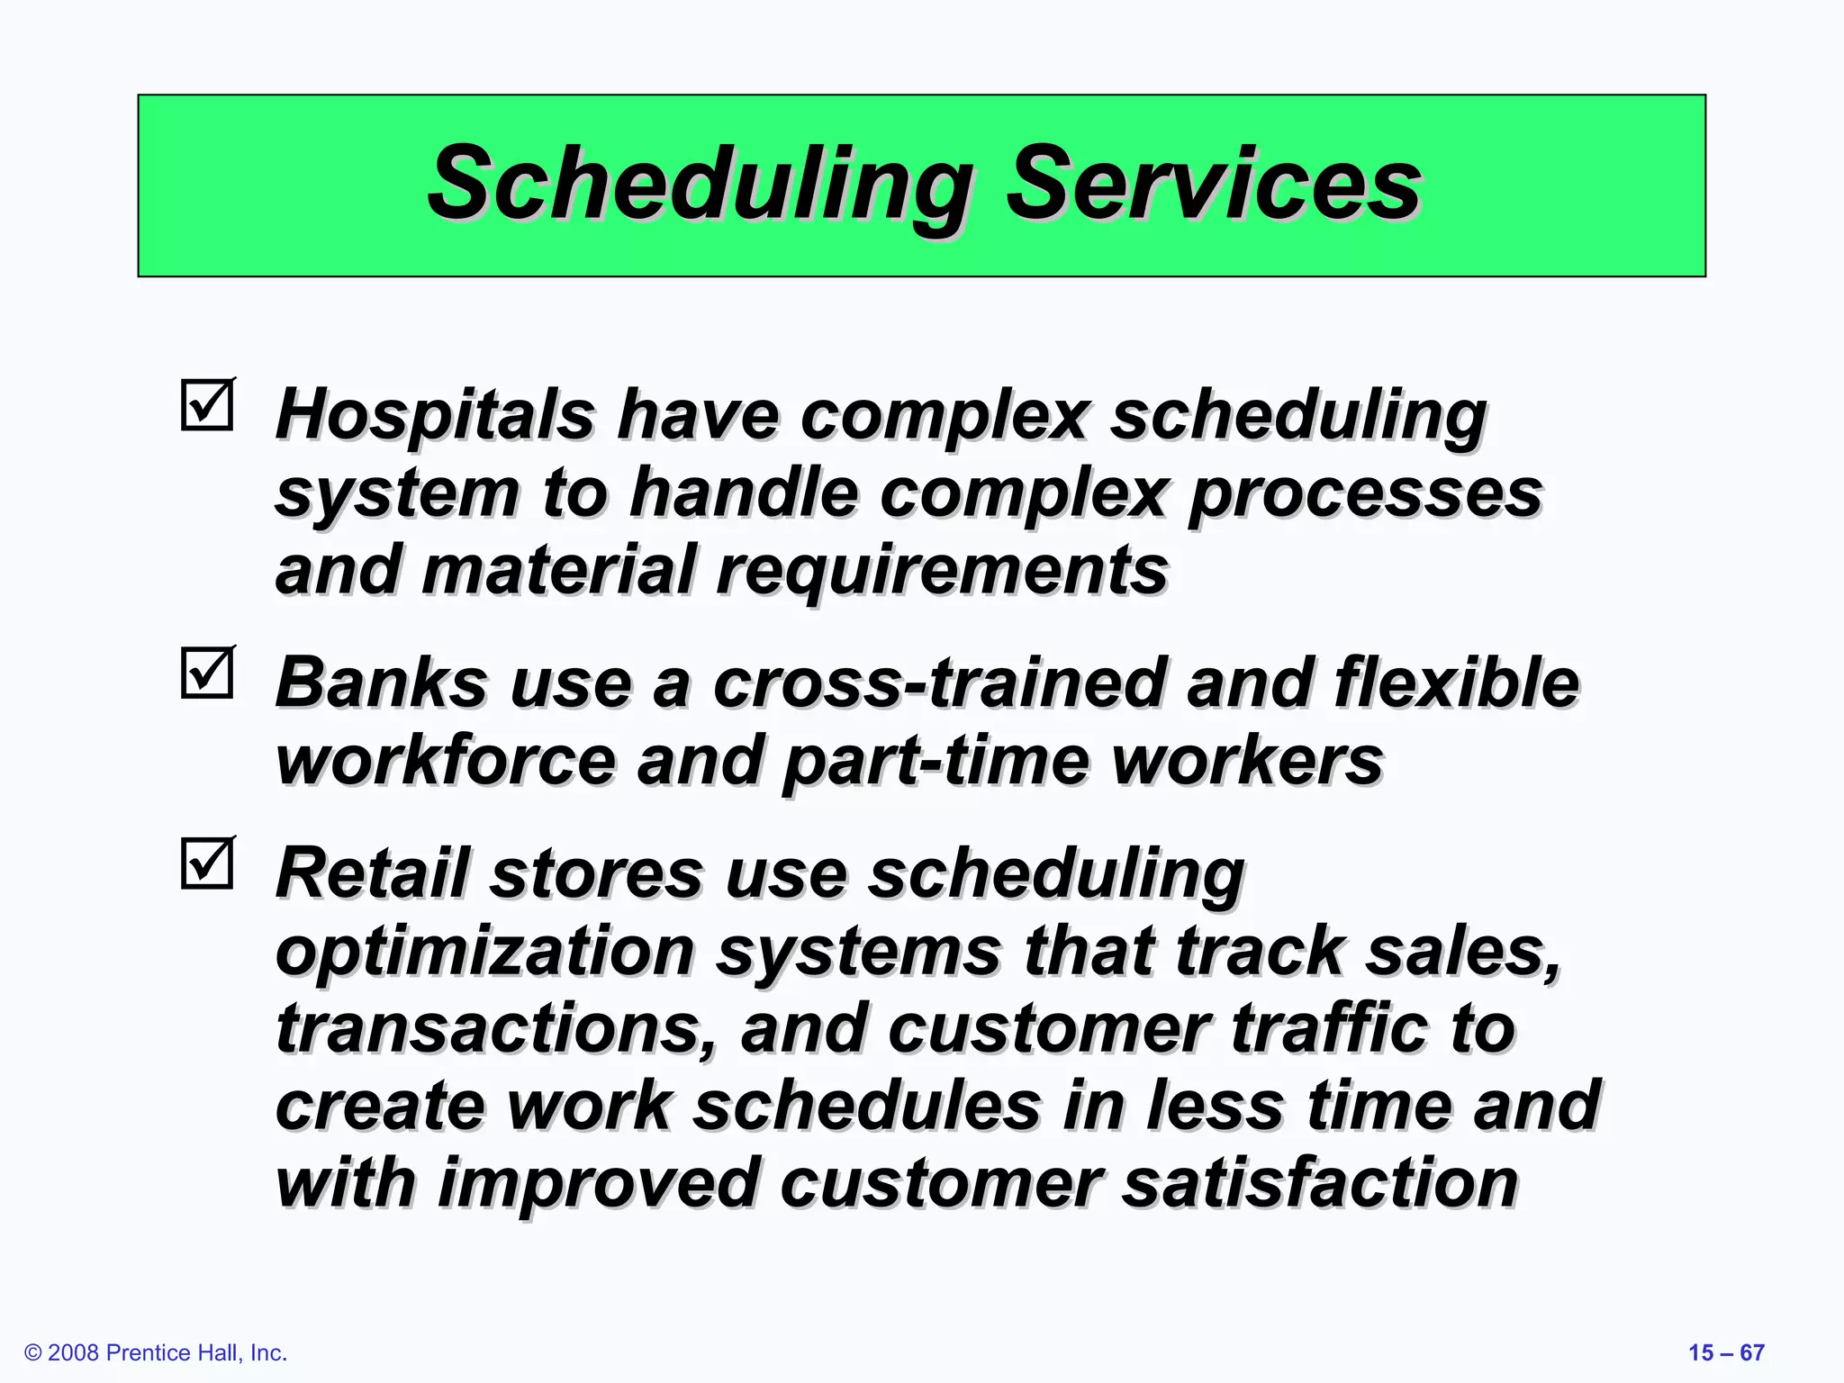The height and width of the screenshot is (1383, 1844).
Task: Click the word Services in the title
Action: point(1212,185)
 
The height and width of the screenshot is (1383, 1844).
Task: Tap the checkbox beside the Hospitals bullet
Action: point(207,405)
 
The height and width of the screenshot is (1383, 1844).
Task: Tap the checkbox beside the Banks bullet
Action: point(207,673)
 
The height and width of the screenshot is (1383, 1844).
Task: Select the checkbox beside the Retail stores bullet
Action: point(207,863)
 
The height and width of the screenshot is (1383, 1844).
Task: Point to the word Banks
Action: point(381,682)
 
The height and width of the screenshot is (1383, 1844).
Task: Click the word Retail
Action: point(373,873)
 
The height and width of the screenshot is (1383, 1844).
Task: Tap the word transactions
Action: point(496,1028)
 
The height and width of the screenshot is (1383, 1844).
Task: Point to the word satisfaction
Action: point(1320,1183)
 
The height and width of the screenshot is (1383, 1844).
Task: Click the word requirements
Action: point(942,572)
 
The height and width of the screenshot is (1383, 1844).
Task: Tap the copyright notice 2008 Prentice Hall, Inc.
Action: point(156,1353)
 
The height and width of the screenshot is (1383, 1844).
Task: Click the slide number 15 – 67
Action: point(1725,1353)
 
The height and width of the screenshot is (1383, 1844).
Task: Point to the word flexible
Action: point(1456,682)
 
